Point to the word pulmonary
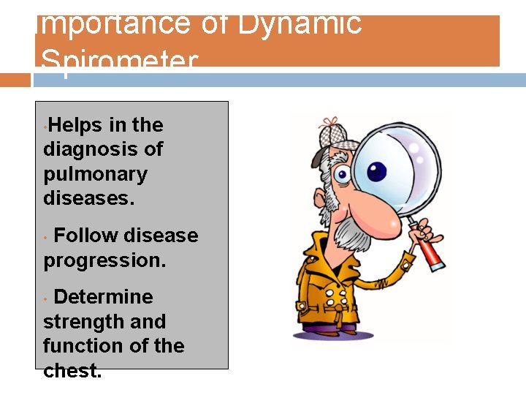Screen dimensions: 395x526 pyautogui.click(x=95, y=175)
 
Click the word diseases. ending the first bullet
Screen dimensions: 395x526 pyautogui.click(x=89, y=198)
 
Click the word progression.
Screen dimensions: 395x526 pyautogui.click(x=104, y=260)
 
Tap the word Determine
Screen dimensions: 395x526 pyautogui.click(x=103, y=297)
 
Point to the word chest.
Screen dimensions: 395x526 pyautogui.click(x=72, y=371)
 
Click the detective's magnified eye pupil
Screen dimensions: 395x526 pyautogui.click(x=376, y=172)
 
